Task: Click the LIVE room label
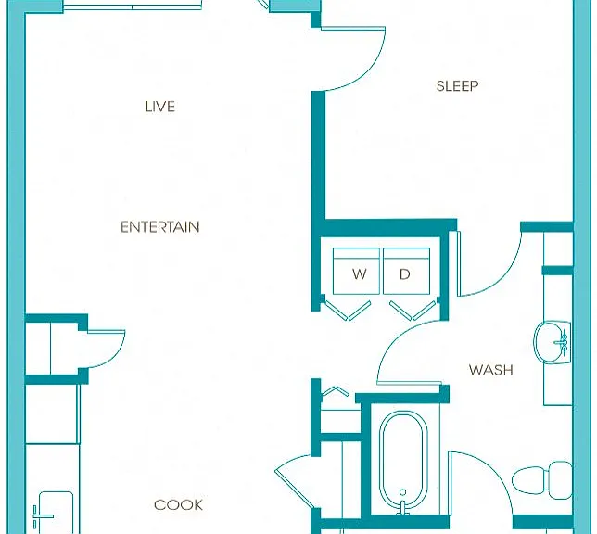coord(159,107)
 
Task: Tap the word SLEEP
coord(457,86)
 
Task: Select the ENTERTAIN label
coord(159,227)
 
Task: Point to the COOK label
coord(178,505)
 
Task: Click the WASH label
coord(490,370)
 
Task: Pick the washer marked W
coord(356,272)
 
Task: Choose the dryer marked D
coord(407,272)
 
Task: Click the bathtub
coord(403,461)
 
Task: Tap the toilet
coord(541,480)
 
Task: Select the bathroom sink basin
coord(552,342)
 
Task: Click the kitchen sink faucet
coord(42,516)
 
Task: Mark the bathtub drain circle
coord(403,492)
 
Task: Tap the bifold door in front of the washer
coord(347,310)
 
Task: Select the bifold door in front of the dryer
coord(412,310)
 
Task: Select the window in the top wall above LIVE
coord(133,6)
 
